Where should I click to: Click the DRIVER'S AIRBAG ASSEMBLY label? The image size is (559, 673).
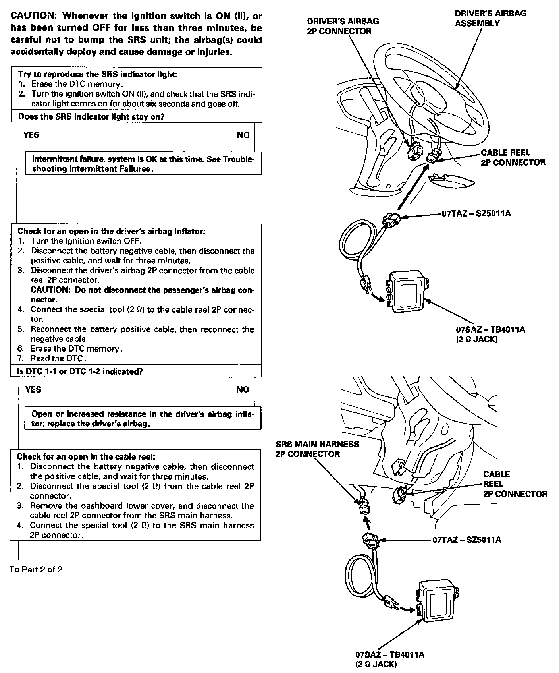(490, 18)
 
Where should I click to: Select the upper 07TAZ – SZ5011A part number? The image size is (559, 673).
(476, 213)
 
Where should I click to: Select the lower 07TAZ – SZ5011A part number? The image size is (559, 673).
(466, 540)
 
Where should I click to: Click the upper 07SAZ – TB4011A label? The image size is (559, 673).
(490, 329)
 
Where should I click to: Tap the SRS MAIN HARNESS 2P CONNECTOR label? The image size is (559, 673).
(317, 449)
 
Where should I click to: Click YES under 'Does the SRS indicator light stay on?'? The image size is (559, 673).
(31, 135)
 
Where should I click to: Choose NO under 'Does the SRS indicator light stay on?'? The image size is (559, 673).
(243, 135)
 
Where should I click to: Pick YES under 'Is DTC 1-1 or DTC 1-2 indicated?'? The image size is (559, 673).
(33, 389)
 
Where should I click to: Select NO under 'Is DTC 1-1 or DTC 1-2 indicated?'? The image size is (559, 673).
(242, 389)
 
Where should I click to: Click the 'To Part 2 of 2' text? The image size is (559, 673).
(36, 569)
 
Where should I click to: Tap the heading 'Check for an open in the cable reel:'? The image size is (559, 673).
(86, 457)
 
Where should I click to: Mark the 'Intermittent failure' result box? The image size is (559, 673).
(143, 164)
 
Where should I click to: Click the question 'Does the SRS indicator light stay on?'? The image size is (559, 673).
(91, 116)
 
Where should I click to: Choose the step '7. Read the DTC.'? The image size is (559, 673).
(58, 358)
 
